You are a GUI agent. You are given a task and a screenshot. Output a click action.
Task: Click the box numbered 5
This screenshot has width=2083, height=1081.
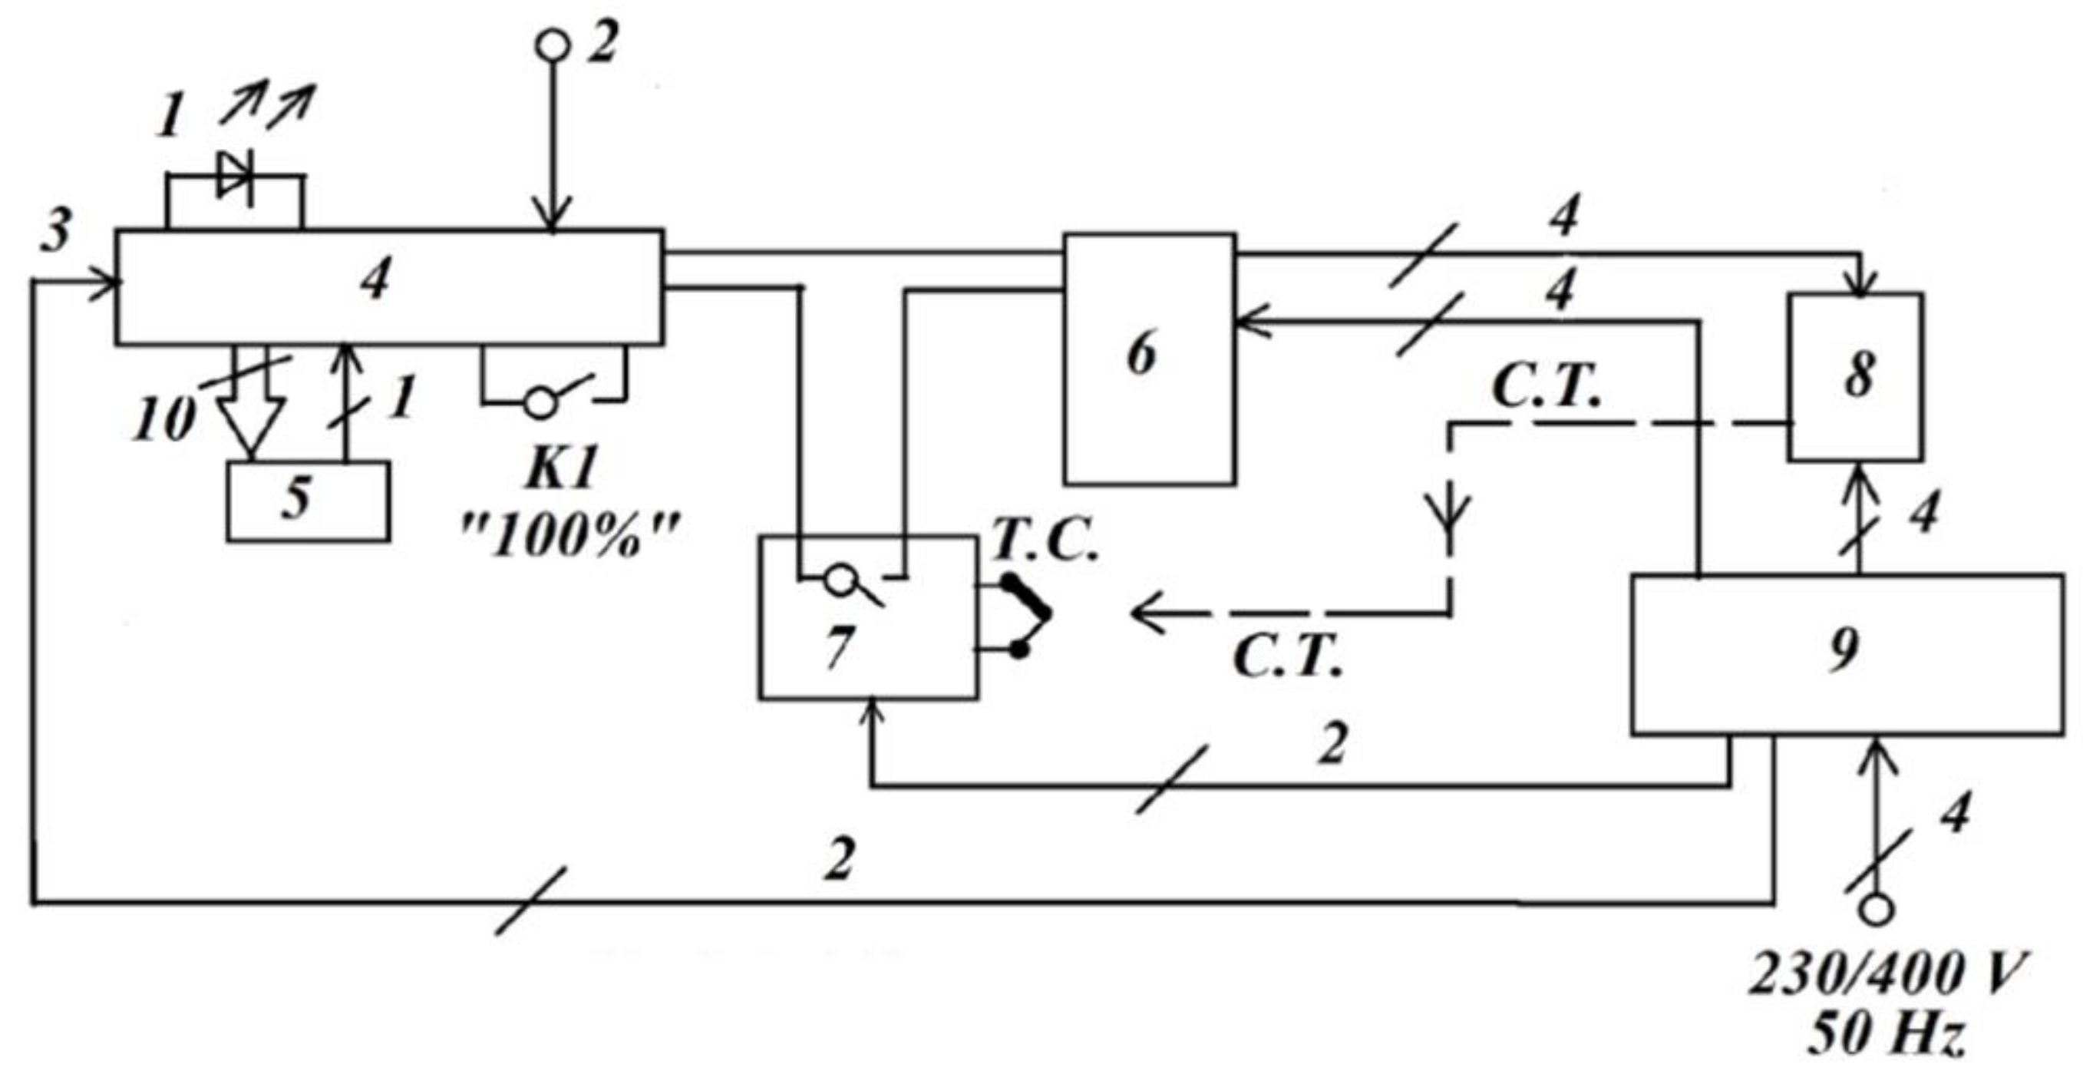tap(307, 501)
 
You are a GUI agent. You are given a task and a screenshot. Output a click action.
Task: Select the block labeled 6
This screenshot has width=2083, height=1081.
tap(1149, 359)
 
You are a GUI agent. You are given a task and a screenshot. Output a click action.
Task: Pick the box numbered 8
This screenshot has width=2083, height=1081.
tap(1855, 377)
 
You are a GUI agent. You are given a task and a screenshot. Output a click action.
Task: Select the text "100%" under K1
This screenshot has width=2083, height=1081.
tap(571, 537)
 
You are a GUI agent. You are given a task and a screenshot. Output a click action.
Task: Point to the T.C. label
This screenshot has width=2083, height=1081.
tap(1044, 541)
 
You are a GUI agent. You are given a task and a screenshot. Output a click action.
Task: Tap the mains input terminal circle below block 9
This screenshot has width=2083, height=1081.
tap(1876, 910)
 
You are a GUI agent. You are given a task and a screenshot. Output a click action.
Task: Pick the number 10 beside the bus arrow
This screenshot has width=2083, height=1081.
tap(164, 419)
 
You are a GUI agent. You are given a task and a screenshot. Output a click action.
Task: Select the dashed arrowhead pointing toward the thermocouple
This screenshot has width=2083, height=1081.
tap(1148, 613)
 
